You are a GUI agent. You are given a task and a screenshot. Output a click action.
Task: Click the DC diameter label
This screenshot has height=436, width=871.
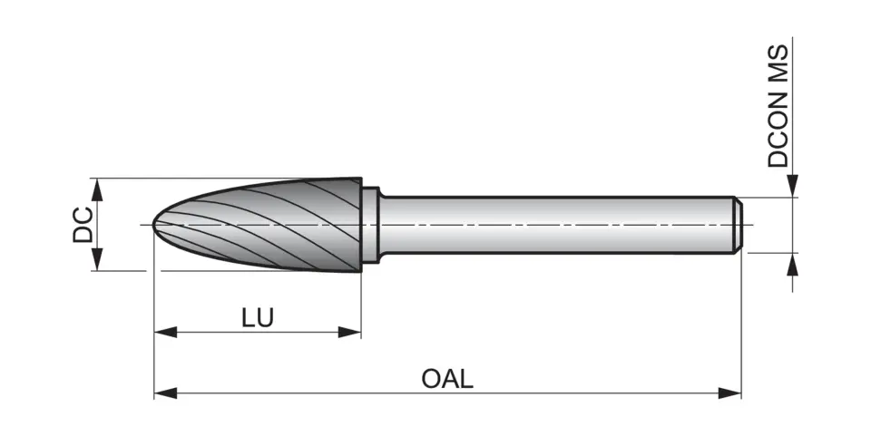(x=83, y=224)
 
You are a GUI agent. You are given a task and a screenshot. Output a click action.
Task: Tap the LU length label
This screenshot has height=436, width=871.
(x=258, y=317)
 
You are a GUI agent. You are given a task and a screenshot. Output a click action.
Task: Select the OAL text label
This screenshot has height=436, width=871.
(x=446, y=378)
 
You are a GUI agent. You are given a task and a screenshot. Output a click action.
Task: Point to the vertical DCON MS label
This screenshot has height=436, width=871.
(x=778, y=107)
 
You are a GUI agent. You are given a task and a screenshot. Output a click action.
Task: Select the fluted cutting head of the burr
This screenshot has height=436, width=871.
(x=272, y=222)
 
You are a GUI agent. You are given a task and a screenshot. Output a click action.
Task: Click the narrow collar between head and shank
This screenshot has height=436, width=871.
(x=370, y=225)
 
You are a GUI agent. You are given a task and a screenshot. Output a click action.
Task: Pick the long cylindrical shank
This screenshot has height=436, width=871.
(x=553, y=224)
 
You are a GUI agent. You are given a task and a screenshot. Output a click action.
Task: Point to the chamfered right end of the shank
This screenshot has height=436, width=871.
(x=739, y=224)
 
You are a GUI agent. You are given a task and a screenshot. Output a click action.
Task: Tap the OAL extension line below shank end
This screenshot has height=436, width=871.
(x=741, y=326)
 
